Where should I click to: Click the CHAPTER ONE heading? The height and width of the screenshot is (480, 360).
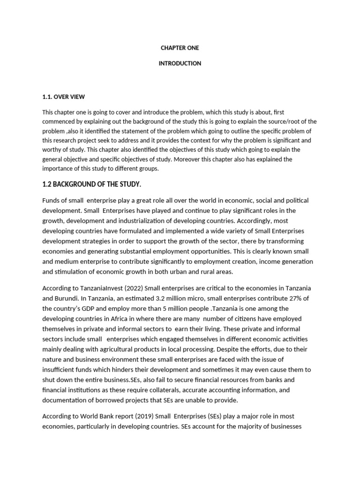click(180, 48)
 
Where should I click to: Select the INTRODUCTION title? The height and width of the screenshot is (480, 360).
click(180, 63)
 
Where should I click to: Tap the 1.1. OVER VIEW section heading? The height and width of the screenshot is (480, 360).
click(64, 97)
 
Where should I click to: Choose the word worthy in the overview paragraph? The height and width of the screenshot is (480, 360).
click(52, 150)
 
